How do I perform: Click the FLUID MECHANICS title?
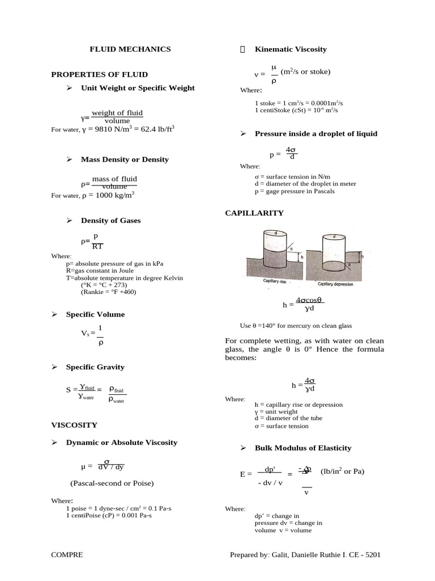pos(130,49)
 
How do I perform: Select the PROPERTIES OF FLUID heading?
pos(99,74)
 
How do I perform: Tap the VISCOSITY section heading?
pos(74,424)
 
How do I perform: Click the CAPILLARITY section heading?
pos(254,213)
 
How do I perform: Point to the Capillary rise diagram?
pos(275,255)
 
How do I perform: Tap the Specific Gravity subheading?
pos(95,367)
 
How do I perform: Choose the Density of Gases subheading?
pos(110,221)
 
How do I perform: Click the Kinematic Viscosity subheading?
pos(291,49)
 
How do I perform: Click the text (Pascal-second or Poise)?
pos(112,483)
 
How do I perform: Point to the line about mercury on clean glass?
pos(296,326)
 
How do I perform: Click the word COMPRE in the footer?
pos(67,555)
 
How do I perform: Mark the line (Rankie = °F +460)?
pos(108,292)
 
